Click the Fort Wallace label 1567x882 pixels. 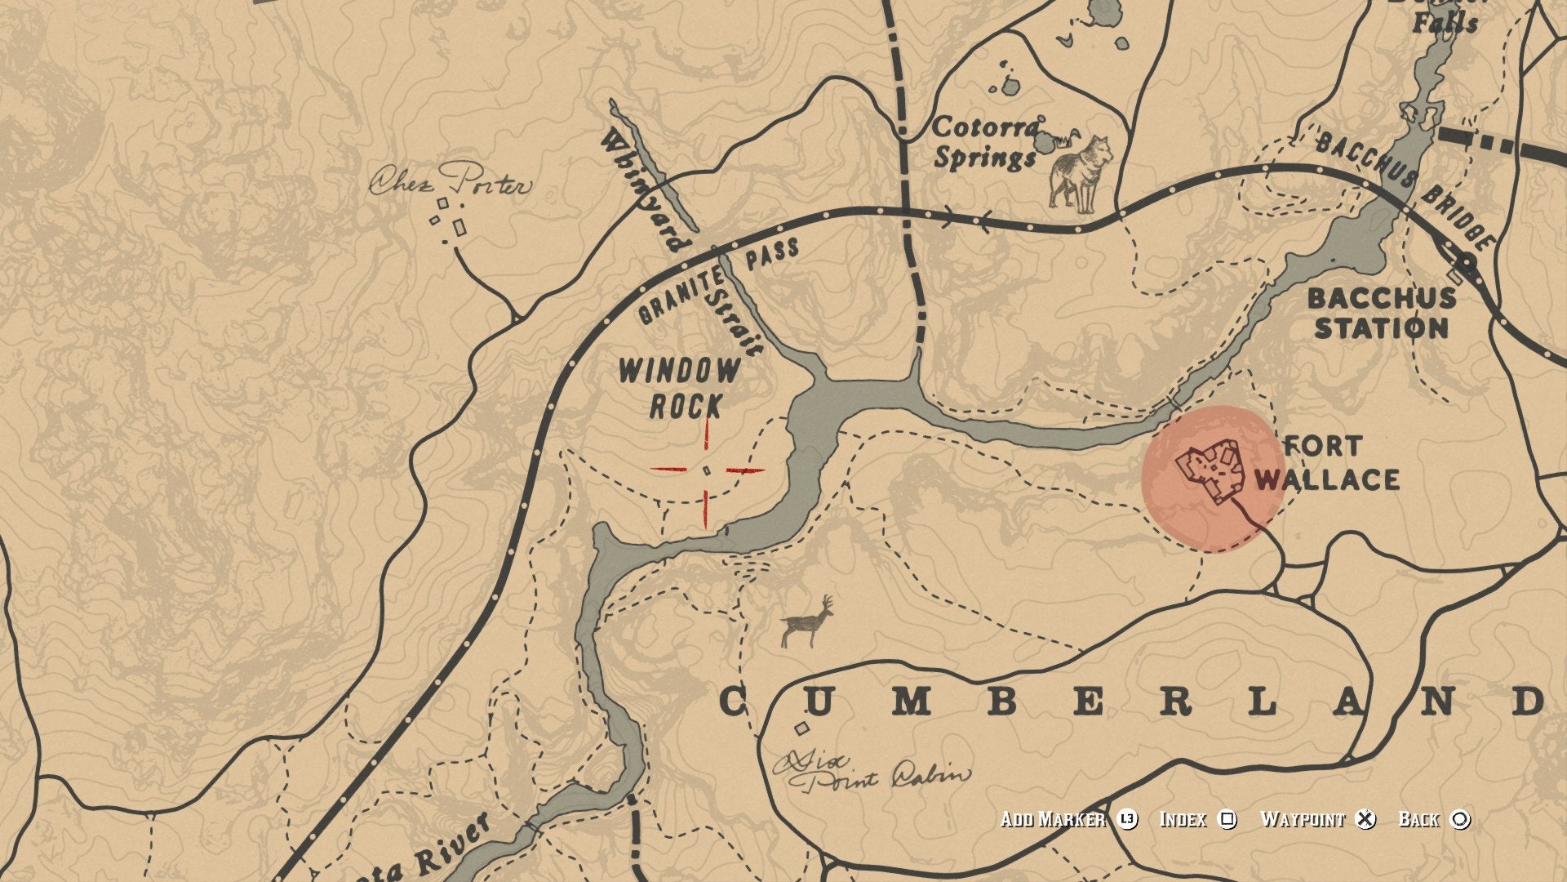click(1327, 463)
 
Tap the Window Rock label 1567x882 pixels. click(679, 388)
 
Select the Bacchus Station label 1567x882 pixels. click(1381, 314)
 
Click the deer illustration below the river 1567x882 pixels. click(807, 623)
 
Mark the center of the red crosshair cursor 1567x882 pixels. click(707, 470)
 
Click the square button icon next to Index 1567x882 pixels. click(1227, 819)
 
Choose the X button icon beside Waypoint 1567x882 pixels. click(1365, 819)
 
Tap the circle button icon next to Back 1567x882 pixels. click(1460, 819)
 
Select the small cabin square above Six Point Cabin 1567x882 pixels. click(802, 728)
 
